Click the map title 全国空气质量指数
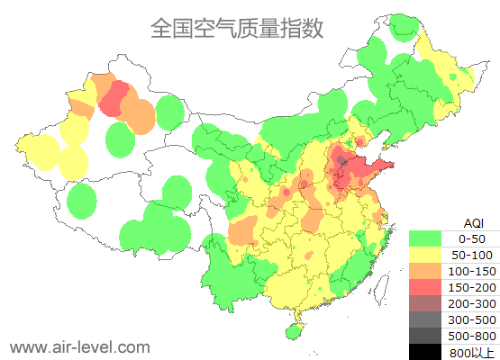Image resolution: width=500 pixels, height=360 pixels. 237,28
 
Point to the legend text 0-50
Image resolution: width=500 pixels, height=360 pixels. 472,238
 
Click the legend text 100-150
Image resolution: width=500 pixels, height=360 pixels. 472,271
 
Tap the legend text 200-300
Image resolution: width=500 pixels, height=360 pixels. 472,303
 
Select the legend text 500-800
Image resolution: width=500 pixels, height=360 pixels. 472,336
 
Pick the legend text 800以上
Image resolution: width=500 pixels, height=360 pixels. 472,351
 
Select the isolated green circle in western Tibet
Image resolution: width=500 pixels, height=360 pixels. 81,202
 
